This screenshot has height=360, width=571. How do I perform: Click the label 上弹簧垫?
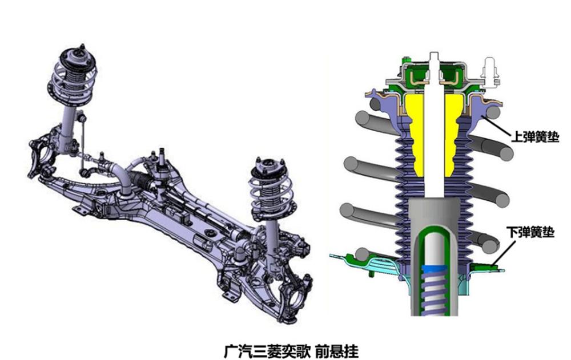click(535, 137)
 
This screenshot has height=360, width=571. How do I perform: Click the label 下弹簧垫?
click(530, 232)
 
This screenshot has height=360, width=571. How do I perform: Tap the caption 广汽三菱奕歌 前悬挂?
click(291, 351)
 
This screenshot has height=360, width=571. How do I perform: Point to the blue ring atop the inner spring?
click(433, 269)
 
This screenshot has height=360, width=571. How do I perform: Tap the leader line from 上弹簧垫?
click(496, 126)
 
